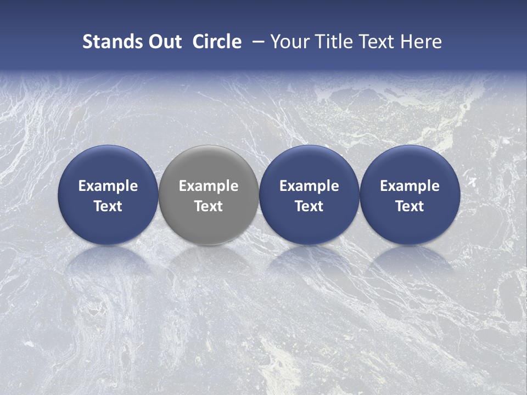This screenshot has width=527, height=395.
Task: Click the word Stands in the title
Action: click(x=110, y=42)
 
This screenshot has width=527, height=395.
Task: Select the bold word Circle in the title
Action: click(x=217, y=42)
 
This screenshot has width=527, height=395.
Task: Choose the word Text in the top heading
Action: click(x=383, y=42)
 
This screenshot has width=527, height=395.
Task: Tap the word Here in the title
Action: click(x=423, y=42)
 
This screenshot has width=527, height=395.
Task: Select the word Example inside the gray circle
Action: click(x=209, y=186)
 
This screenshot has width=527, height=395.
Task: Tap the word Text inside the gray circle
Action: click(x=209, y=206)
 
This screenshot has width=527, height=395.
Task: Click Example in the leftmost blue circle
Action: click(x=108, y=186)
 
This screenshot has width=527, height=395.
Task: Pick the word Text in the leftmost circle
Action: click(x=108, y=206)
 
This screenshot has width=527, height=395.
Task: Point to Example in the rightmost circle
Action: click(x=410, y=186)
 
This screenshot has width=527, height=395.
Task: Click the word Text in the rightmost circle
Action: click(x=410, y=206)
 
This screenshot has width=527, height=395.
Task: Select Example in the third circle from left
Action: click(x=309, y=186)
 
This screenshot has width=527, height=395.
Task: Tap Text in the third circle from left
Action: click(x=309, y=206)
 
